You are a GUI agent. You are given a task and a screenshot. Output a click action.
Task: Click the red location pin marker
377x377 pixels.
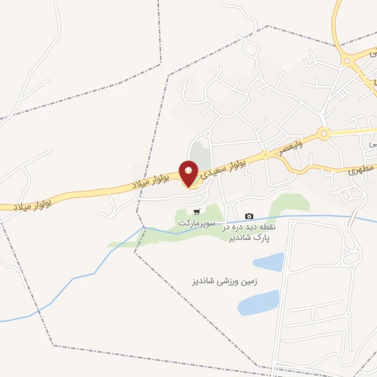click(x=189, y=175)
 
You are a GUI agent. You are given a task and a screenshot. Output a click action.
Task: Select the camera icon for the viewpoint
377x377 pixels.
click(x=249, y=216)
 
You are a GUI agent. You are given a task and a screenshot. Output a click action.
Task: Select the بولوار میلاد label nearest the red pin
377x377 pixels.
click(x=150, y=179)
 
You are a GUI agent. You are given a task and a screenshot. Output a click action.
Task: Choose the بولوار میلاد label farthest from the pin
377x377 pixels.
click(x=29, y=203)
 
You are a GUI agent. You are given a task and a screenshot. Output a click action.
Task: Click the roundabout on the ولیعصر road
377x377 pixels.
click(x=323, y=134)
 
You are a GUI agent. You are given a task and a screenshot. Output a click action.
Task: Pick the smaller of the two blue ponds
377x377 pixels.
click(x=269, y=262)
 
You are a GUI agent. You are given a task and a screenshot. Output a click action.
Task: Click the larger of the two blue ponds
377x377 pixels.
click(x=258, y=302)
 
